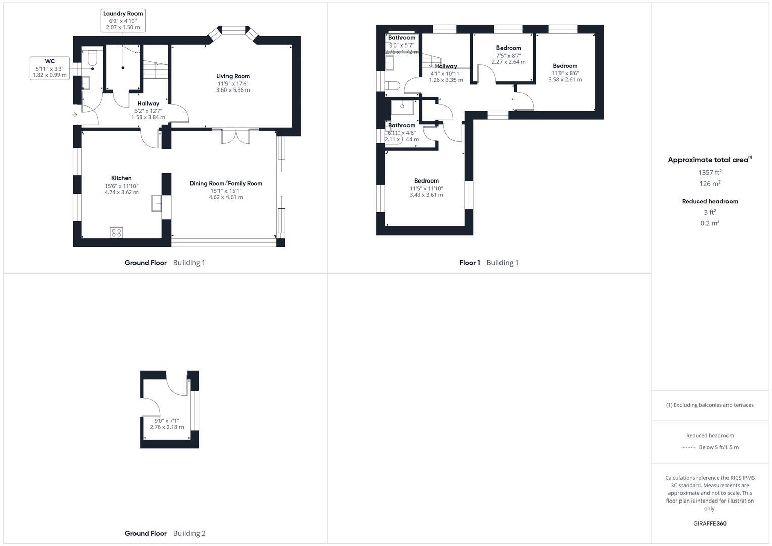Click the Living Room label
click(x=233, y=76)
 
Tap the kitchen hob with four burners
click(x=116, y=232)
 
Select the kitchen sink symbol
click(x=156, y=203)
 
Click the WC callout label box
click(x=50, y=68)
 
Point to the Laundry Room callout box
click(x=123, y=20)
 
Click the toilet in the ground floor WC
click(x=92, y=58)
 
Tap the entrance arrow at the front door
click(x=75, y=115)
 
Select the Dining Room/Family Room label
click(x=226, y=184)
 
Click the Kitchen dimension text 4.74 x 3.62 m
click(x=121, y=192)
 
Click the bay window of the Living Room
click(x=234, y=32)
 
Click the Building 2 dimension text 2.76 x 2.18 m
click(x=167, y=427)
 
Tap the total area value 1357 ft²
click(x=710, y=172)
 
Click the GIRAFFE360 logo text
click(x=710, y=523)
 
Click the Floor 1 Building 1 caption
click(x=488, y=263)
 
